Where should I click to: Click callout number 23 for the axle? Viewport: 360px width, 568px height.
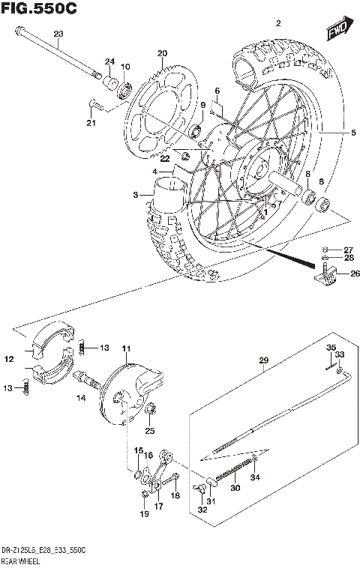click(59, 33)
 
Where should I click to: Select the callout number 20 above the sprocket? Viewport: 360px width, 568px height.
click(160, 52)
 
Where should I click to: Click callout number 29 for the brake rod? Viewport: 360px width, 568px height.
click(263, 360)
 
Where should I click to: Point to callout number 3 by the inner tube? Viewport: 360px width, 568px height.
click(136, 195)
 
